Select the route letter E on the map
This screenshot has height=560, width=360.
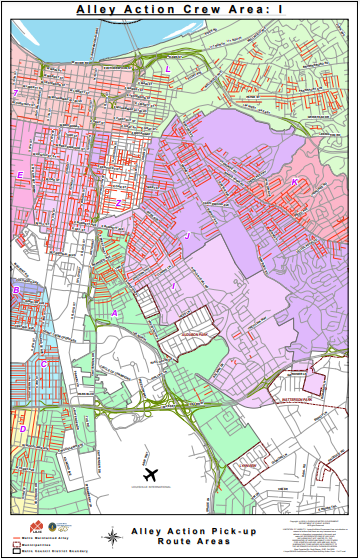(x=20, y=176)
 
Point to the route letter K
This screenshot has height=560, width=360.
(x=294, y=182)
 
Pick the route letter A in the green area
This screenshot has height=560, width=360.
(x=115, y=313)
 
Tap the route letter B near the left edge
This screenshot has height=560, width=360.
(x=16, y=291)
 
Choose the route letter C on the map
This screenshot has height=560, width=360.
(x=43, y=364)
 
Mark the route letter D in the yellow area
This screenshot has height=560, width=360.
(x=23, y=429)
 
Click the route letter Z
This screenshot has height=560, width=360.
(x=118, y=203)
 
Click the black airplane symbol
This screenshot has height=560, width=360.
(x=153, y=473)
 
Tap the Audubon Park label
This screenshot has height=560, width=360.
(x=193, y=335)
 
